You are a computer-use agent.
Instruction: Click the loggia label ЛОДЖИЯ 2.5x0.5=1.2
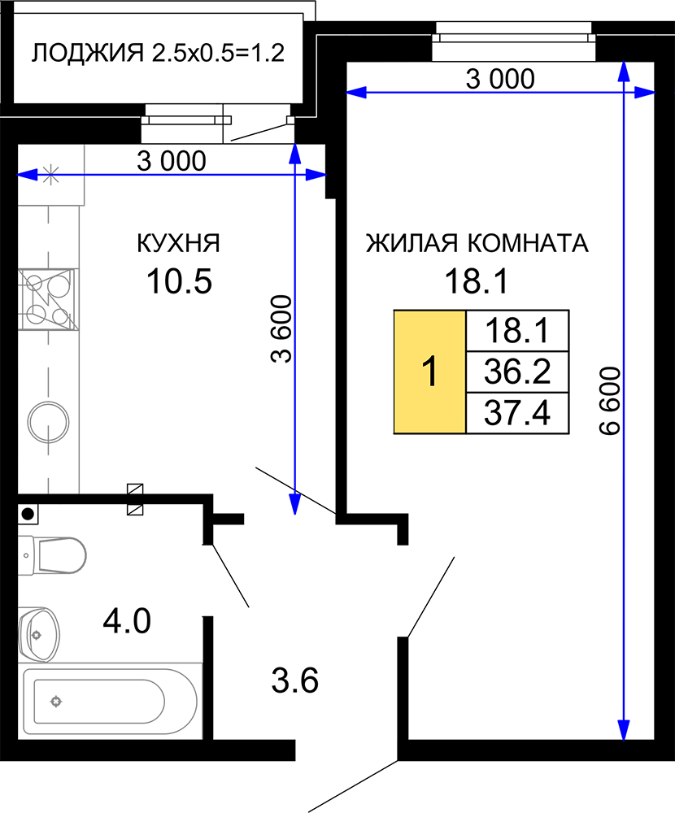158,54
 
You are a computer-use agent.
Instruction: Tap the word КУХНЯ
178,243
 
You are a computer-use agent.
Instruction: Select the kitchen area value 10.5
180,281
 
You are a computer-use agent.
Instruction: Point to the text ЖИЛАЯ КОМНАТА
477,243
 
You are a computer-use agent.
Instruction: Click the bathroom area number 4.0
127,621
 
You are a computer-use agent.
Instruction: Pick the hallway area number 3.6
294,680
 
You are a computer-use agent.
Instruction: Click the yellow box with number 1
429,372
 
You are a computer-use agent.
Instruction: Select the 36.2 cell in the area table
517,372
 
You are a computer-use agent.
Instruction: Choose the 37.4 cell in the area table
517,413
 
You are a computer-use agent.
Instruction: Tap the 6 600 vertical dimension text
610,401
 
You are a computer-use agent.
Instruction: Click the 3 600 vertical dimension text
281,328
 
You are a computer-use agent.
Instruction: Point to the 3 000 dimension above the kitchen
172,161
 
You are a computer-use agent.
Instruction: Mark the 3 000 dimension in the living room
500,80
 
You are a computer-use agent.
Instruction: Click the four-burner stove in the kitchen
49,299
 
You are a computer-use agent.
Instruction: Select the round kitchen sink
48,422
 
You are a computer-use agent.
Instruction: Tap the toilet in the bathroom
52,555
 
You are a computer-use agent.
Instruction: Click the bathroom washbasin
39,635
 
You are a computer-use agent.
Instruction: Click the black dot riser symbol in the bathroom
28,514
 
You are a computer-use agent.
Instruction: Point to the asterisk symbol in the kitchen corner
50,175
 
